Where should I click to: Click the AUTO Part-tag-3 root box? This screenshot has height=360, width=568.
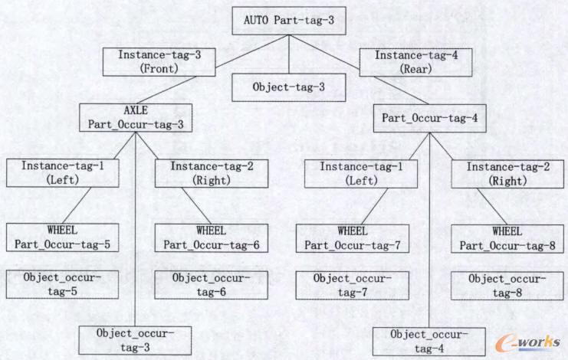pyautogui.click(x=288, y=21)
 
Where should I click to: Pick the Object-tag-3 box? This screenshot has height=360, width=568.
pyautogui.click(x=288, y=87)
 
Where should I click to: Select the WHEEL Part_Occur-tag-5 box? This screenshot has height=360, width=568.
pyautogui.click(x=63, y=237)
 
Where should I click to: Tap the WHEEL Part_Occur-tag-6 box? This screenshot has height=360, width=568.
pyautogui.click(x=211, y=237)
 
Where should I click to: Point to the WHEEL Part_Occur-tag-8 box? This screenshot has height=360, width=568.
pyautogui.click(x=507, y=237)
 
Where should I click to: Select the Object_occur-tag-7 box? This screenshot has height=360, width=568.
pyautogui.click(x=353, y=285)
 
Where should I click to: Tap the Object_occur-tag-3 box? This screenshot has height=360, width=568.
pyautogui.click(x=135, y=339)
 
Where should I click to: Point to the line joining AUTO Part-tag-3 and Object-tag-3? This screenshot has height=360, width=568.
pyautogui.click(x=288, y=54)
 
